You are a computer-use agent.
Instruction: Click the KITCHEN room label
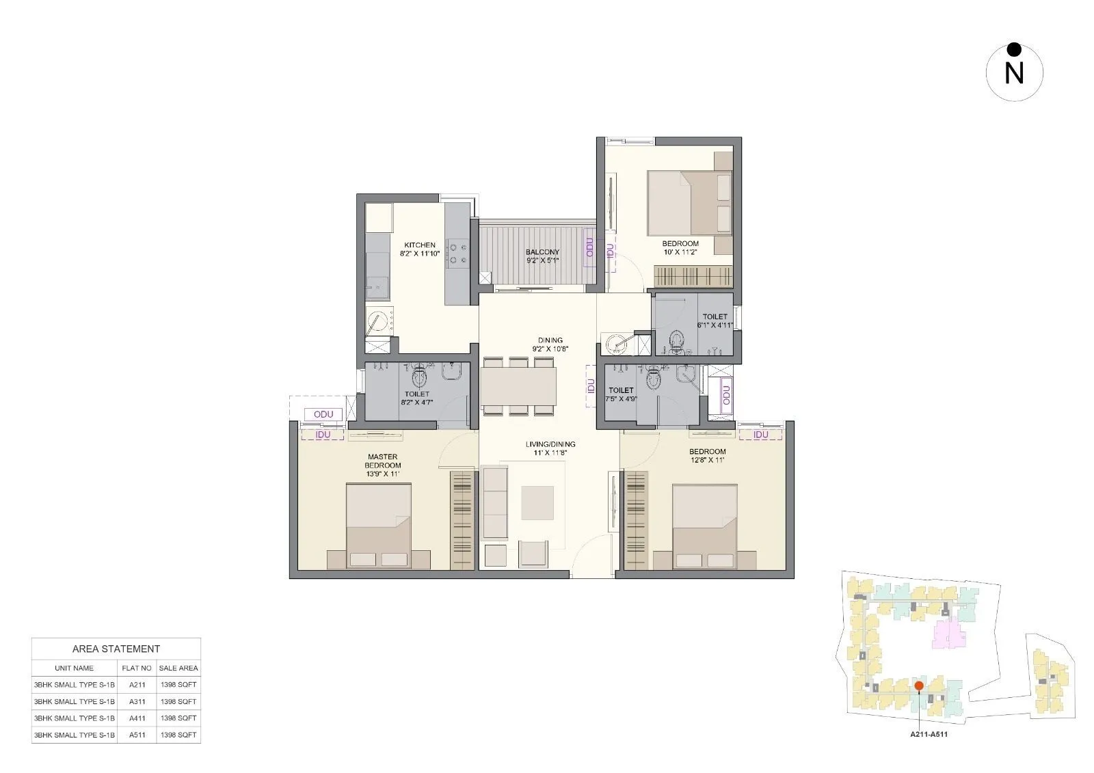(419, 245)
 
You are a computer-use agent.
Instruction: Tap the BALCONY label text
(542, 252)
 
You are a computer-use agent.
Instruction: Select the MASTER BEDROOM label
(382, 461)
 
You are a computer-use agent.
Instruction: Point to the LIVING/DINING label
(550, 444)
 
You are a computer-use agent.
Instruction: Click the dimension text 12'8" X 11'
(707, 460)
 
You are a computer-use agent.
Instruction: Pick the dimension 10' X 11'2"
(680, 252)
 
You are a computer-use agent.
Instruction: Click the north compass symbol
(1014, 72)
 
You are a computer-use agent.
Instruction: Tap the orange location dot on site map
(919, 685)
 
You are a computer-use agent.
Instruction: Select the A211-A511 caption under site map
(929, 735)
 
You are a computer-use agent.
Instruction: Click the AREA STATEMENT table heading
(116, 649)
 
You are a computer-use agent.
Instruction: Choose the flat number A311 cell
(136, 701)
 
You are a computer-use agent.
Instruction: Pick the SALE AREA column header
(178, 668)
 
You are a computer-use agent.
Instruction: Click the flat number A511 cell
(136, 735)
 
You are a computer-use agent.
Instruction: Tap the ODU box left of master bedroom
(323, 415)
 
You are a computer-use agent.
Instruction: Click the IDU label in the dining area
(591, 386)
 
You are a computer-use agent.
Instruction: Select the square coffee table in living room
(537, 502)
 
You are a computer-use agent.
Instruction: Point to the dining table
(518, 387)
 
